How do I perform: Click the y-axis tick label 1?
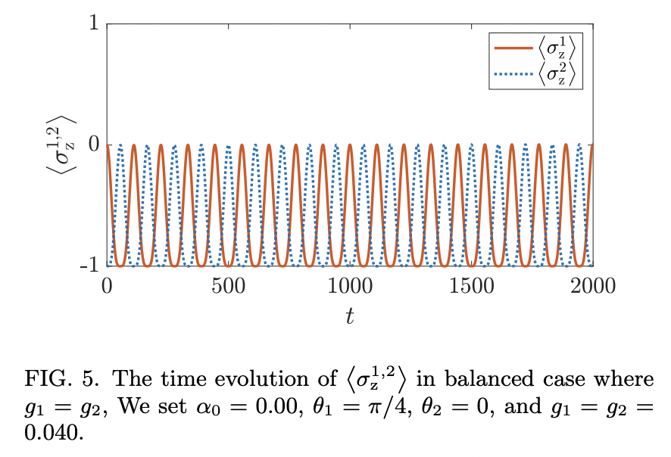(x=93, y=23)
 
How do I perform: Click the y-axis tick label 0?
(x=93, y=145)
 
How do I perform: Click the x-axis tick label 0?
(x=107, y=286)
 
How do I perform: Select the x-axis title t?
(x=349, y=317)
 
